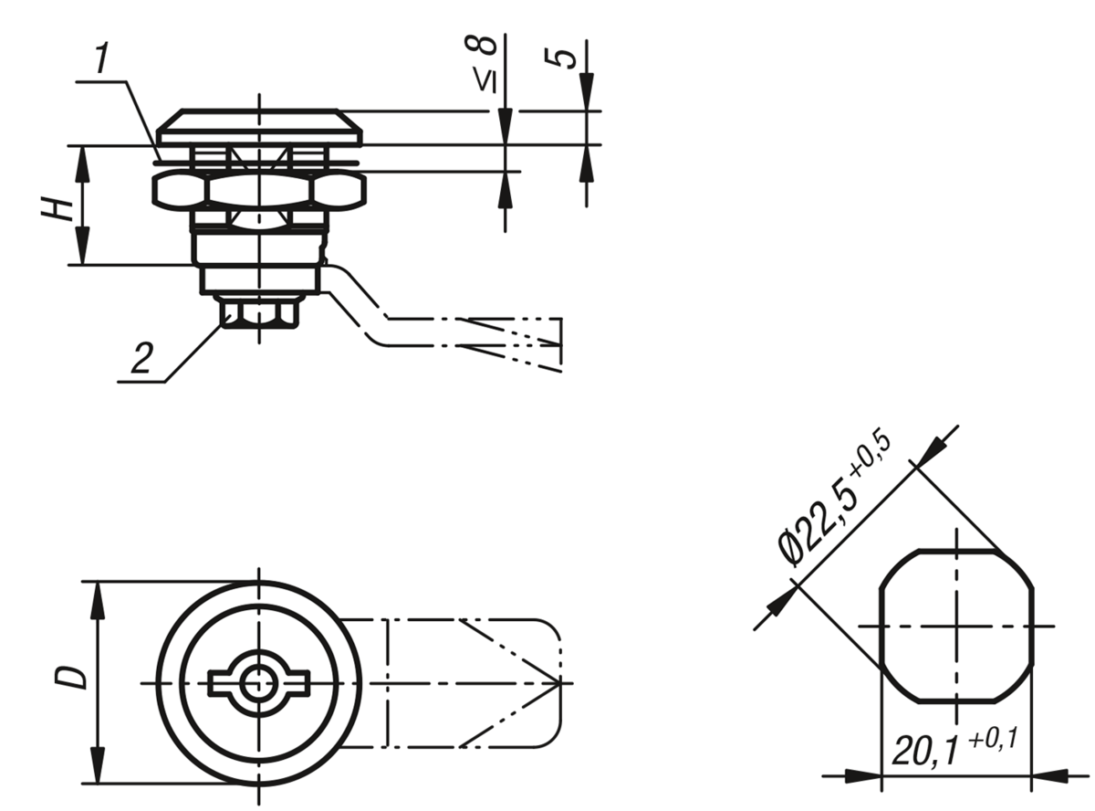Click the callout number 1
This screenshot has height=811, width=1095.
102,58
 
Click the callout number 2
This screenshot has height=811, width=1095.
142,358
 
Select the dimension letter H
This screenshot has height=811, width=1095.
57,208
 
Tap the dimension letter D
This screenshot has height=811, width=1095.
70,677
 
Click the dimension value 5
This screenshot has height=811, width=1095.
560,58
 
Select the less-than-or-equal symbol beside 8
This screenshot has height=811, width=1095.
485,79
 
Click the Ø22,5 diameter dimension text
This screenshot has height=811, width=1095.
817,524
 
